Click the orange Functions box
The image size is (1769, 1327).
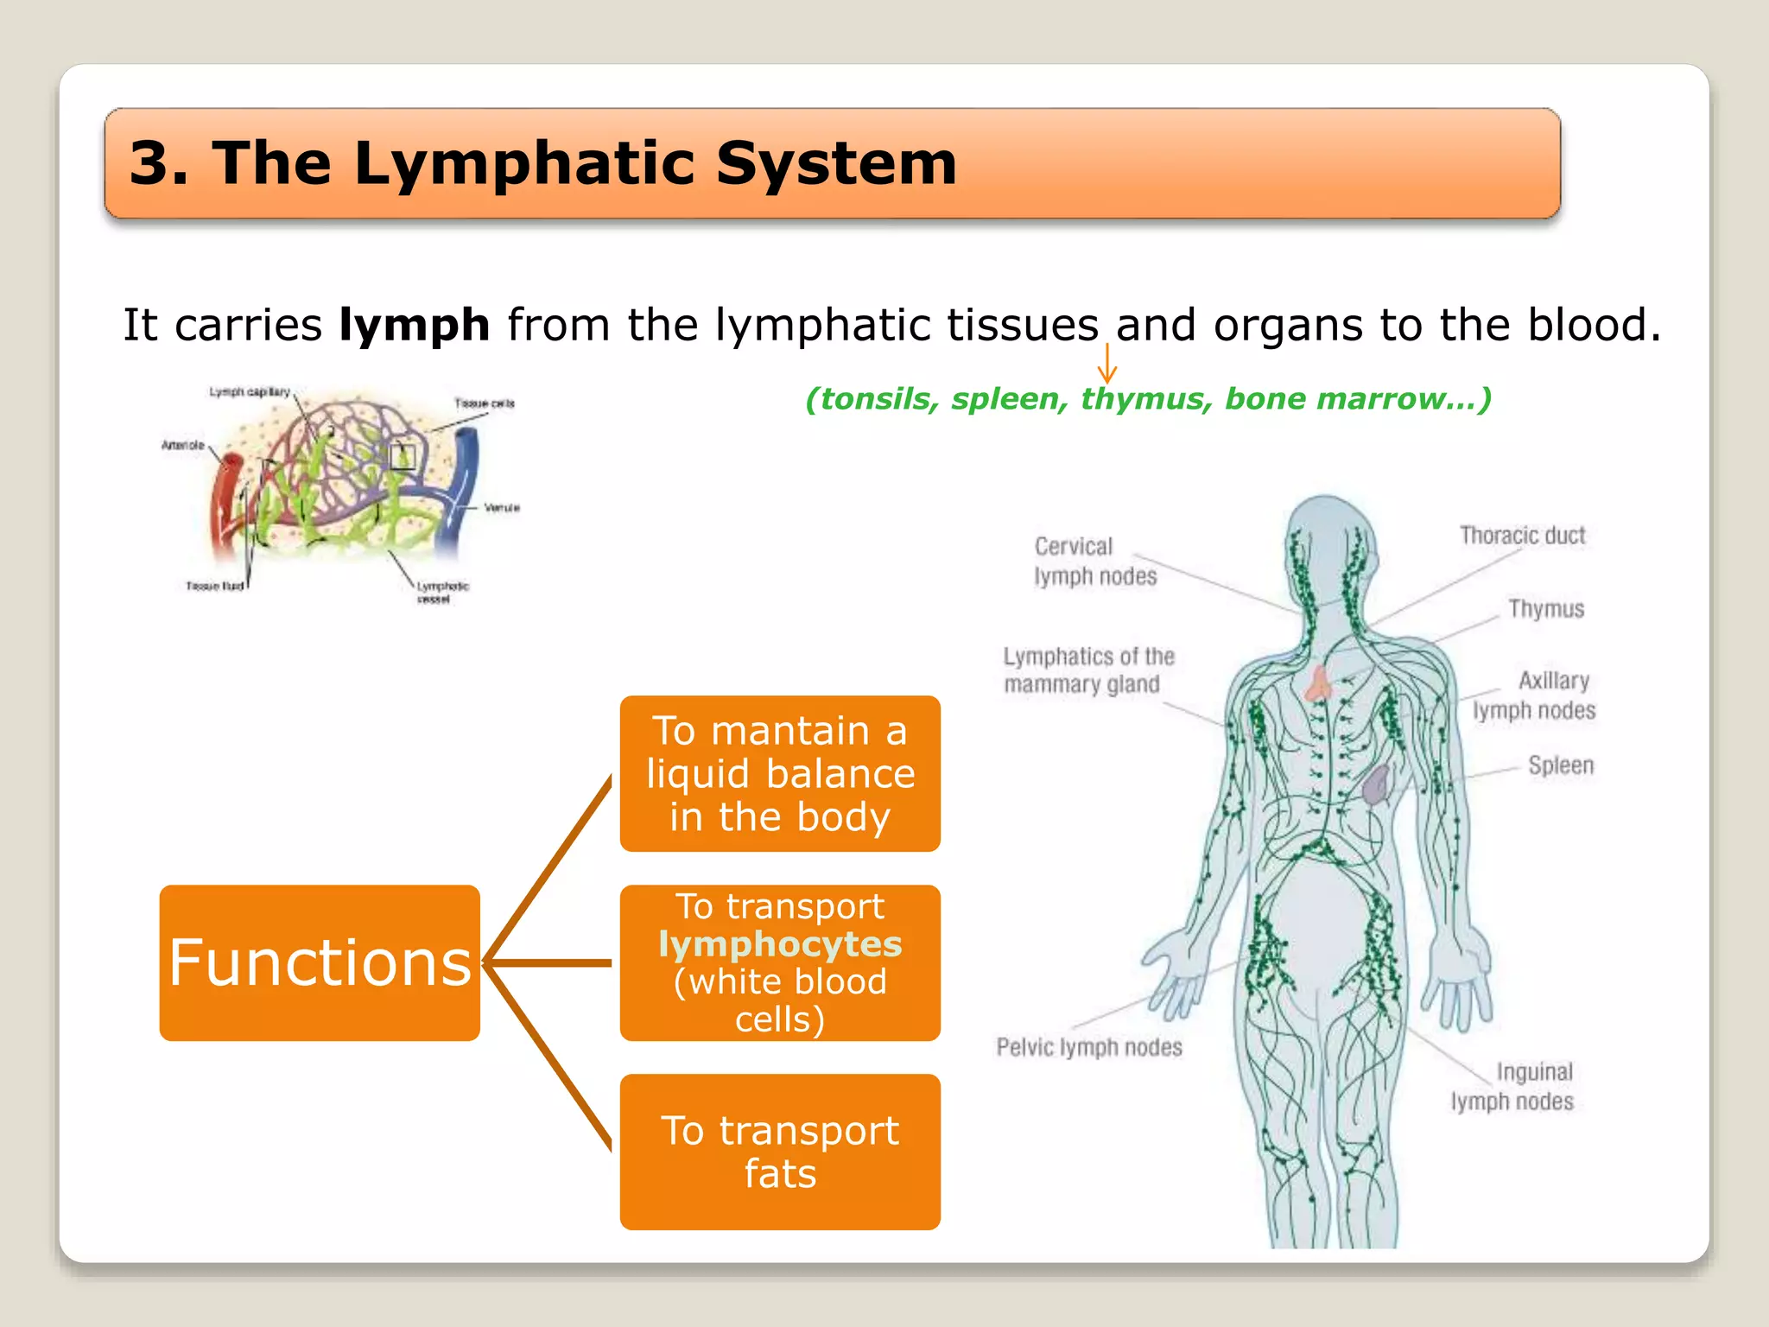319,962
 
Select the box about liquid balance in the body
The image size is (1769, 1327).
779,773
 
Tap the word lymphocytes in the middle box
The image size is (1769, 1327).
779,943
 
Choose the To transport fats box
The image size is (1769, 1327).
779,1151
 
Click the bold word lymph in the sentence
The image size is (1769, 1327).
414,326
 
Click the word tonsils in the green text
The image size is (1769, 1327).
872,399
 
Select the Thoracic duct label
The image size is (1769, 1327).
1522,536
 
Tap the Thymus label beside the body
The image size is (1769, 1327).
1545,609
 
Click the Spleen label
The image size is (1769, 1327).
1560,765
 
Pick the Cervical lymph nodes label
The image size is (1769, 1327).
1094,562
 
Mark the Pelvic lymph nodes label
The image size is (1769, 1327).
1088,1047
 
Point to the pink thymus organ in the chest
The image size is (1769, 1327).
1319,683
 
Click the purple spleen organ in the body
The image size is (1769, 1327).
1375,784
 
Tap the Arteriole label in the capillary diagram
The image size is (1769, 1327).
182,446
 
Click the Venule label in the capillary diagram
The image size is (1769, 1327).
501,508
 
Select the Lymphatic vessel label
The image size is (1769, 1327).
441,593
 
